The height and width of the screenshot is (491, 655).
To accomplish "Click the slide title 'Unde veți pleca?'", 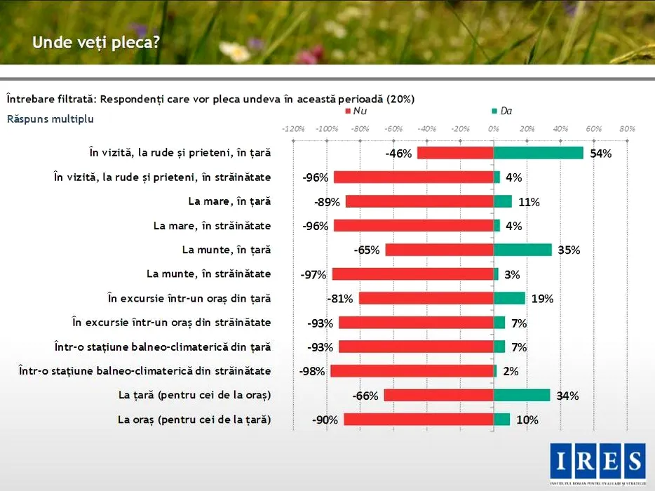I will tap(96, 43).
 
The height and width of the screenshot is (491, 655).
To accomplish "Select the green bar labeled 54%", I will tap(539, 153).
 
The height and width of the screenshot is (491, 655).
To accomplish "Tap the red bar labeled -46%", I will tap(455, 153).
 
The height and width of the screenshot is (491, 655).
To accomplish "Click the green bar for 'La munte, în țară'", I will tap(522, 250).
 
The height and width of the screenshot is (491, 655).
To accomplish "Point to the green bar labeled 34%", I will tap(522, 396).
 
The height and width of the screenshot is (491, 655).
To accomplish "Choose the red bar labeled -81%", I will tap(426, 298).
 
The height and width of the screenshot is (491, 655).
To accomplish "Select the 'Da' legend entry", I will tap(505, 112).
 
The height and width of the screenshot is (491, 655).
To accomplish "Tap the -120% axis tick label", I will tap(292, 129).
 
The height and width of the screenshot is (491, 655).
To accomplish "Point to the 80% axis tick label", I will tap(627, 129).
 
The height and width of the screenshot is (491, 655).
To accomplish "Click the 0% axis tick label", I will tap(493, 129).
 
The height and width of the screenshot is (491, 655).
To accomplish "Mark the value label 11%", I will tap(529, 202).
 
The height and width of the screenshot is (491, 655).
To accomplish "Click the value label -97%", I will tap(313, 274).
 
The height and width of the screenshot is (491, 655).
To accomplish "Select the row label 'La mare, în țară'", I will tap(229, 201).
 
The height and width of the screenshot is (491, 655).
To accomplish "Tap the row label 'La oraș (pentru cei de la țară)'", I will tap(194, 419).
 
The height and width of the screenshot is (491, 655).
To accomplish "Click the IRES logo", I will tap(597, 462).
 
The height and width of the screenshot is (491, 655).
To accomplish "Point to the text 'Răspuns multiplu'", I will tap(50, 119).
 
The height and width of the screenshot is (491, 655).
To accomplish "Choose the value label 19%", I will tap(542, 299).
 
